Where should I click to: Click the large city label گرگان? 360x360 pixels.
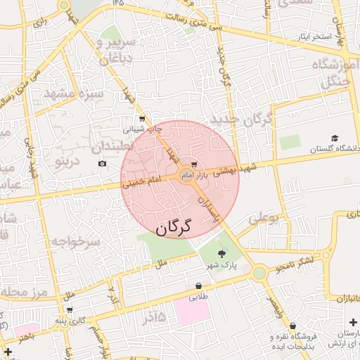(173, 227)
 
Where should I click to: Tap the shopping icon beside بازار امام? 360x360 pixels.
(194, 165)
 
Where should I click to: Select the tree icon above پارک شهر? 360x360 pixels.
(222, 254)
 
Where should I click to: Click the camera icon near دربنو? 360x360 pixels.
(103, 164)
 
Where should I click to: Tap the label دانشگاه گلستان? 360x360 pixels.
(335, 148)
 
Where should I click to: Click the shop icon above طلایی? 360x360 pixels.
(199, 287)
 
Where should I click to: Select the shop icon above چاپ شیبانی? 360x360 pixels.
(143, 118)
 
